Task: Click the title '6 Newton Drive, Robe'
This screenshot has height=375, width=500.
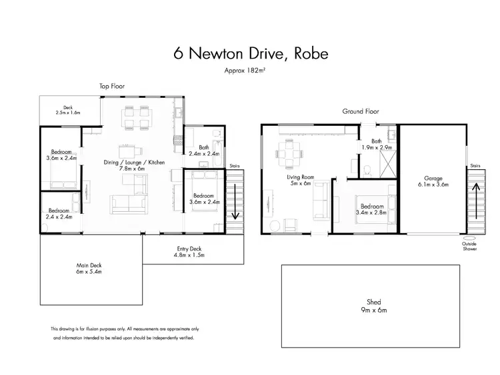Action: coord(250,54)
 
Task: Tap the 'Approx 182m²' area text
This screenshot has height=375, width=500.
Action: coord(250,71)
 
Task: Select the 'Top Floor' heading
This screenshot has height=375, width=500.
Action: coord(112,87)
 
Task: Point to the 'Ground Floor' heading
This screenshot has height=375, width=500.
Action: coord(361,111)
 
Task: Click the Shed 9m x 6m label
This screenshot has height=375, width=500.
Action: coord(371,306)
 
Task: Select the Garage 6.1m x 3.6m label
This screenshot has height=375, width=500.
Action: coord(433,181)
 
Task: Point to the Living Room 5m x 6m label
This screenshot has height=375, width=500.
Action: coord(300,181)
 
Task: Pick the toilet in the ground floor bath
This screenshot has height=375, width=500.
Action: coord(368,172)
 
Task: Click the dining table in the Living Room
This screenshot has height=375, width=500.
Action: coord(289,157)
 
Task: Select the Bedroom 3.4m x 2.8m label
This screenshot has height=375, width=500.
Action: coord(372,210)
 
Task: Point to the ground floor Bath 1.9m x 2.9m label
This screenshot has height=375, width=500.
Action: coord(377,144)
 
